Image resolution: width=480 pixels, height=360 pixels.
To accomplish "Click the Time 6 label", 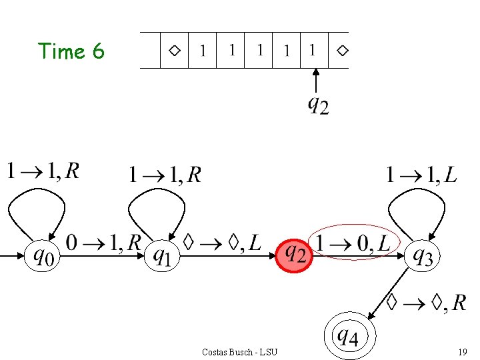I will pyautogui.click(x=71, y=51).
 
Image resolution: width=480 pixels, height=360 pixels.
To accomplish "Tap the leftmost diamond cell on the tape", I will pyautogui.click(x=174, y=50).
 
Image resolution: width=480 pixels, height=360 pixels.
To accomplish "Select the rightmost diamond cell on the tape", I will pyautogui.click(x=341, y=50).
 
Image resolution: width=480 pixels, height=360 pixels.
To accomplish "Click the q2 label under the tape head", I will pyautogui.click(x=318, y=105).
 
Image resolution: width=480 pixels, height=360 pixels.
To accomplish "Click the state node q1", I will pyautogui.click(x=162, y=255).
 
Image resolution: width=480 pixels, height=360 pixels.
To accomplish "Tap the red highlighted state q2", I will pyautogui.click(x=295, y=255).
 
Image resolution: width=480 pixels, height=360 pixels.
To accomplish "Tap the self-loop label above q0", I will pyautogui.click(x=43, y=171).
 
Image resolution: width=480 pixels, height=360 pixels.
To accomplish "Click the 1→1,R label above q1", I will pyautogui.click(x=165, y=175).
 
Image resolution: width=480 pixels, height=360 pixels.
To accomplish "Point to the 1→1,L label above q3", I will pyautogui.click(x=421, y=175).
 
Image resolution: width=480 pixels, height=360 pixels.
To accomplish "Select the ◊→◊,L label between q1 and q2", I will pyautogui.click(x=223, y=243).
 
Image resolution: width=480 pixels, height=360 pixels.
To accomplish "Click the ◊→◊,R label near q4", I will pyautogui.click(x=427, y=303).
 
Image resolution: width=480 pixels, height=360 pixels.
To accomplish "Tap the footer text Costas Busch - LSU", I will pyautogui.click(x=239, y=351).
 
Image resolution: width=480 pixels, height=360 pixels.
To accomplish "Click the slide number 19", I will pyautogui.click(x=462, y=351).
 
